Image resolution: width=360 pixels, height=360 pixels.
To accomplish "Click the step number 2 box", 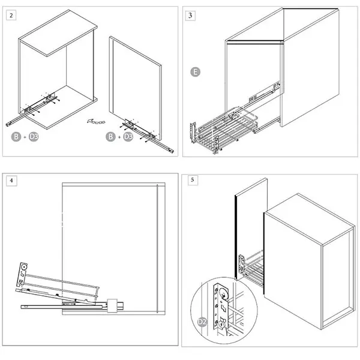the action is tap(11, 16).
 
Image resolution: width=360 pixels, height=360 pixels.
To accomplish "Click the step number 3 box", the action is tap(190, 16).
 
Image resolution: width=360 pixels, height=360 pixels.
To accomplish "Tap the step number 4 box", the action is tap(11, 181).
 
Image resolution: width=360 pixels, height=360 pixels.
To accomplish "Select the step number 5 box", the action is tap(193, 180).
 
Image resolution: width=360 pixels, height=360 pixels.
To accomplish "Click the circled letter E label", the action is tap(196, 72).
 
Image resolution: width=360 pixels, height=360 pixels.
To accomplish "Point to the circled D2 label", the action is tap(202, 322).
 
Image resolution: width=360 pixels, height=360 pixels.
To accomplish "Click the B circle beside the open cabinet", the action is tap(16, 137).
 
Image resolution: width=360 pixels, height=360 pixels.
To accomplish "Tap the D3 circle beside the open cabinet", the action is tap(34, 137).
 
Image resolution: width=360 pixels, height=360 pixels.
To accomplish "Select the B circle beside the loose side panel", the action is tap(110, 137).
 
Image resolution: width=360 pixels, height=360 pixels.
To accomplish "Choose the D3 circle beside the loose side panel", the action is tap(128, 137).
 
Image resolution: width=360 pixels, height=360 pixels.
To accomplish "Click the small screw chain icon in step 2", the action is tap(96, 121).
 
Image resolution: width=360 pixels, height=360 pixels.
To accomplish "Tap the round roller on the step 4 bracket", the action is tap(23, 268).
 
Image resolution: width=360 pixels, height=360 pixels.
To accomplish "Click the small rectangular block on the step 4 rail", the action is tap(112, 305).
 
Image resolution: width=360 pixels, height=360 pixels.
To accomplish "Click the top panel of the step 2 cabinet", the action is tap(58, 33).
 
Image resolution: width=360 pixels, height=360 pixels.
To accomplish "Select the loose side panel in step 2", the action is tap(136, 88).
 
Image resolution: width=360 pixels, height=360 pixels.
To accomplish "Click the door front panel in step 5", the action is tap(251, 229).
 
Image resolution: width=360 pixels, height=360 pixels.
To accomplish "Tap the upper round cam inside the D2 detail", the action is tap(223, 293).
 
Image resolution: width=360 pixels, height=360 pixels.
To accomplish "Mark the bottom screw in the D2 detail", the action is tap(221, 325).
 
